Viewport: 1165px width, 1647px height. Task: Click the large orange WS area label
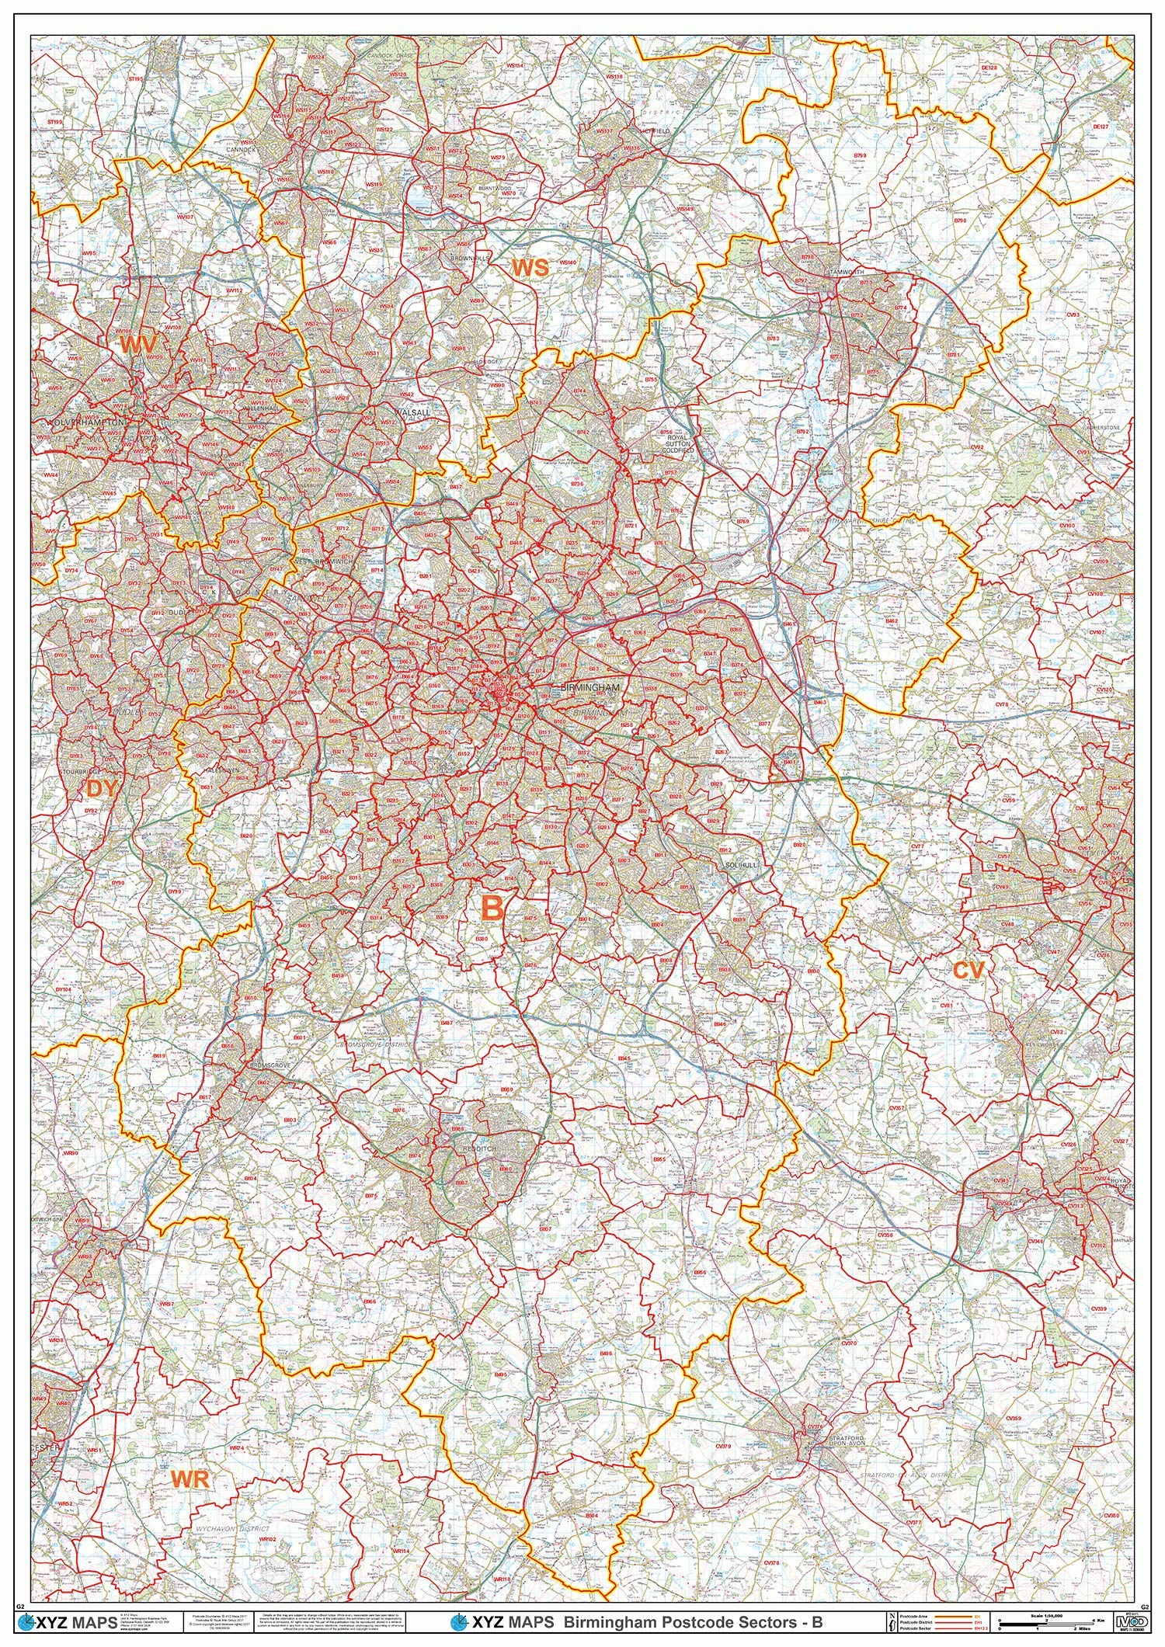point(530,268)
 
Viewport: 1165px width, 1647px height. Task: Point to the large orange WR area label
point(191,1415)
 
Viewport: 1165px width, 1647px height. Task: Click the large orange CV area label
point(969,969)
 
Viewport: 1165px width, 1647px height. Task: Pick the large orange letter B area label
point(492,908)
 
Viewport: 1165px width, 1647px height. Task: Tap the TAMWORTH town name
point(841,272)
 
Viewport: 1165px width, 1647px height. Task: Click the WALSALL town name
point(410,413)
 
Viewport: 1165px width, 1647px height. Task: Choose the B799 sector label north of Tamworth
point(860,156)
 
